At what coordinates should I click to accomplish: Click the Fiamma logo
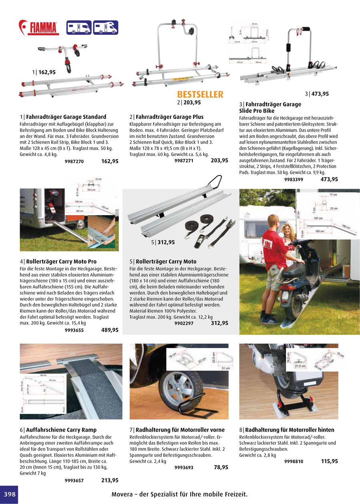39,28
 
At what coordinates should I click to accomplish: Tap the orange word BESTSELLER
200,94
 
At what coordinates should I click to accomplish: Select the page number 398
9,494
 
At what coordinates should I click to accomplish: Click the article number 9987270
74,162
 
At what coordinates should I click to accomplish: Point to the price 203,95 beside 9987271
219,160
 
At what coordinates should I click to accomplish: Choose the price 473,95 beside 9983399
329,179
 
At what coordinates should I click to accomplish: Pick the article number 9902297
184,323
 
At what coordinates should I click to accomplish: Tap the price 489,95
110,330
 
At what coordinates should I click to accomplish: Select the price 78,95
221,467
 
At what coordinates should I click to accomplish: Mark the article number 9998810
294,461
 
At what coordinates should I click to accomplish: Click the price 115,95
329,461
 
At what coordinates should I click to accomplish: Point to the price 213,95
110,480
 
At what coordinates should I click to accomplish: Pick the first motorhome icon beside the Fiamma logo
79,28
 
